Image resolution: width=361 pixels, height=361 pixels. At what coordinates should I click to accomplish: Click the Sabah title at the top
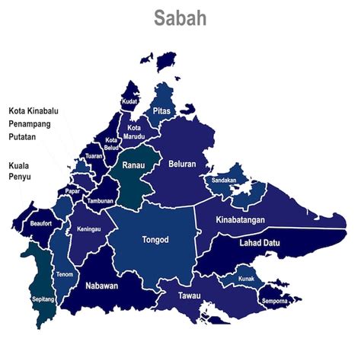tap(180, 18)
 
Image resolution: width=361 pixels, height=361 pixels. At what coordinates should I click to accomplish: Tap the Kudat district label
tap(130, 101)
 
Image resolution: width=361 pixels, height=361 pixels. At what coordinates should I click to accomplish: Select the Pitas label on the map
tap(161, 110)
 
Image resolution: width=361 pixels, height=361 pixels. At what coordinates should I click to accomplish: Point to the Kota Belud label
tap(111, 143)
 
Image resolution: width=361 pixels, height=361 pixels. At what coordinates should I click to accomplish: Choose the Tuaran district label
tap(94, 155)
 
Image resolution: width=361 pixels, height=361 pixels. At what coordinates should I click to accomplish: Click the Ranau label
tap(134, 165)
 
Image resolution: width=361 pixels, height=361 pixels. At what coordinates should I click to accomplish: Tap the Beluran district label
tap(183, 164)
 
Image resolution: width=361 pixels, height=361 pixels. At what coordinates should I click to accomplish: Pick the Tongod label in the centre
tap(155, 240)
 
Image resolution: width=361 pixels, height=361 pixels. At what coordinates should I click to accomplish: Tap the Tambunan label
tap(101, 201)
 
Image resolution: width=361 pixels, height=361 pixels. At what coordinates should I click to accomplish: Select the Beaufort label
tap(40, 225)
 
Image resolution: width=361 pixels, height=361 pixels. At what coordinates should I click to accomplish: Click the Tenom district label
tap(65, 274)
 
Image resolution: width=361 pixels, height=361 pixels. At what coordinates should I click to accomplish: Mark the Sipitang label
tap(43, 300)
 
